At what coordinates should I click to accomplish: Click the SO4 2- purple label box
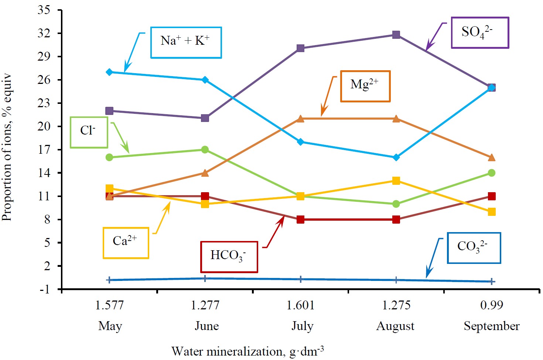point(480,33)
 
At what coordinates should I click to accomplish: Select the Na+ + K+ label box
point(186,43)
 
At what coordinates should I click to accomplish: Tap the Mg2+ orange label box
point(365,86)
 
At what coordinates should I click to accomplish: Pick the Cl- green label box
point(89,132)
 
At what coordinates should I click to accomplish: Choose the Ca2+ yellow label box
point(126,242)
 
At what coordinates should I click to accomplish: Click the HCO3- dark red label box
point(229,257)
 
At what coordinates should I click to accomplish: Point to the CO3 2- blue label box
point(474,248)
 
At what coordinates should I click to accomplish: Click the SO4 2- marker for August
point(396,35)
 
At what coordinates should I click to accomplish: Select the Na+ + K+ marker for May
point(109,72)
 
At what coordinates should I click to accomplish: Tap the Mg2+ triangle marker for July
point(300,119)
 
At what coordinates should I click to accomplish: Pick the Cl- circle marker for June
point(205,150)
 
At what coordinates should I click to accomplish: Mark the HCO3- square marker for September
point(491,196)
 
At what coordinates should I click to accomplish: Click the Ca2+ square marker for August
point(396,181)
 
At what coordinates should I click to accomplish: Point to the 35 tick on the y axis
point(44,10)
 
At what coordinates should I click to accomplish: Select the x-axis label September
point(491,326)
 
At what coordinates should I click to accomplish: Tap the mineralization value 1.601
point(300,305)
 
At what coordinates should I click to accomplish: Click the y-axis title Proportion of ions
point(7,148)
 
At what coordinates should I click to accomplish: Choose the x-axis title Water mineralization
point(247,351)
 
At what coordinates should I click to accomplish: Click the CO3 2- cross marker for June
point(205,278)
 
